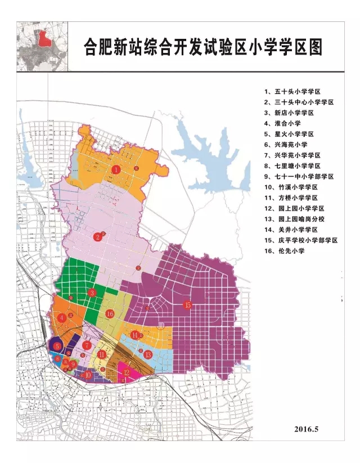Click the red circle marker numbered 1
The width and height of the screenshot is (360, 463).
click(x=116, y=169)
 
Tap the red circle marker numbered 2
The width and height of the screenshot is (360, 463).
click(x=98, y=237)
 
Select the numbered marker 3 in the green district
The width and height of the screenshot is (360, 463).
click(x=92, y=293)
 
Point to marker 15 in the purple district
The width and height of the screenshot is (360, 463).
click(x=188, y=305)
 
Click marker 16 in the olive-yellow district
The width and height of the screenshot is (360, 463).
click(x=110, y=313)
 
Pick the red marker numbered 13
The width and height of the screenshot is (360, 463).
click(x=148, y=355)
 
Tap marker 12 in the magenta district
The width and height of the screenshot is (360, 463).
click(x=127, y=372)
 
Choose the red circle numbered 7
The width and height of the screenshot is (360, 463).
click(x=87, y=345)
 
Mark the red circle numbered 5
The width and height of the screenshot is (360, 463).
click(x=57, y=346)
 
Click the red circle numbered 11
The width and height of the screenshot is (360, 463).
click(x=101, y=354)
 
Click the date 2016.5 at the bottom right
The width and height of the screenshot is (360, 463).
click(x=306, y=429)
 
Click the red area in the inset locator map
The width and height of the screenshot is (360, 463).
click(x=44, y=40)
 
